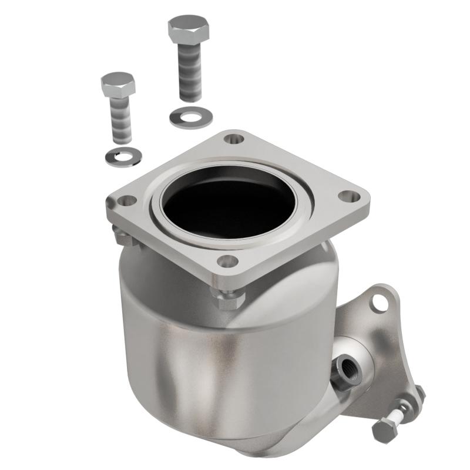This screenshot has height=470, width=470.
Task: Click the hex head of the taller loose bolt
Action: click(x=187, y=27)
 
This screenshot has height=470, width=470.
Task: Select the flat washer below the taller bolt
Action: click(x=187, y=116)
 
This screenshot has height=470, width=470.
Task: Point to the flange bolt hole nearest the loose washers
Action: click(x=234, y=140)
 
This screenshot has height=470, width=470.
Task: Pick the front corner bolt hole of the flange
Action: click(x=227, y=260)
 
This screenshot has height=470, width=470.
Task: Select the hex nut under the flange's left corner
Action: click(x=123, y=236)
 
